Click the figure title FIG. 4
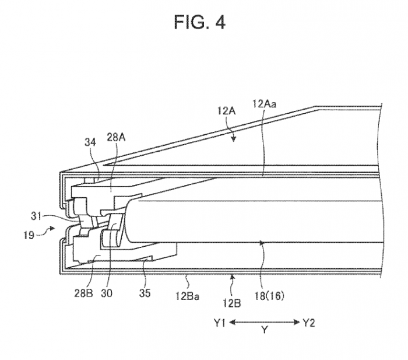pyautogui.click(x=199, y=22)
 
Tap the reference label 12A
pyautogui.click(x=226, y=111)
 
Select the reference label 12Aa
pyautogui.click(x=265, y=104)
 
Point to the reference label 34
pyautogui.click(x=90, y=142)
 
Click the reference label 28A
pyautogui.click(x=117, y=137)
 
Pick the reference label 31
pyautogui.click(x=36, y=216)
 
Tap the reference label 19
pyautogui.click(x=29, y=235)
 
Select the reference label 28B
pyautogui.click(x=83, y=293)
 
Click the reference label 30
pyautogui.click(x=107, y=293)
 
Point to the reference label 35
pyautogui.click(x=145, y=293)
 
